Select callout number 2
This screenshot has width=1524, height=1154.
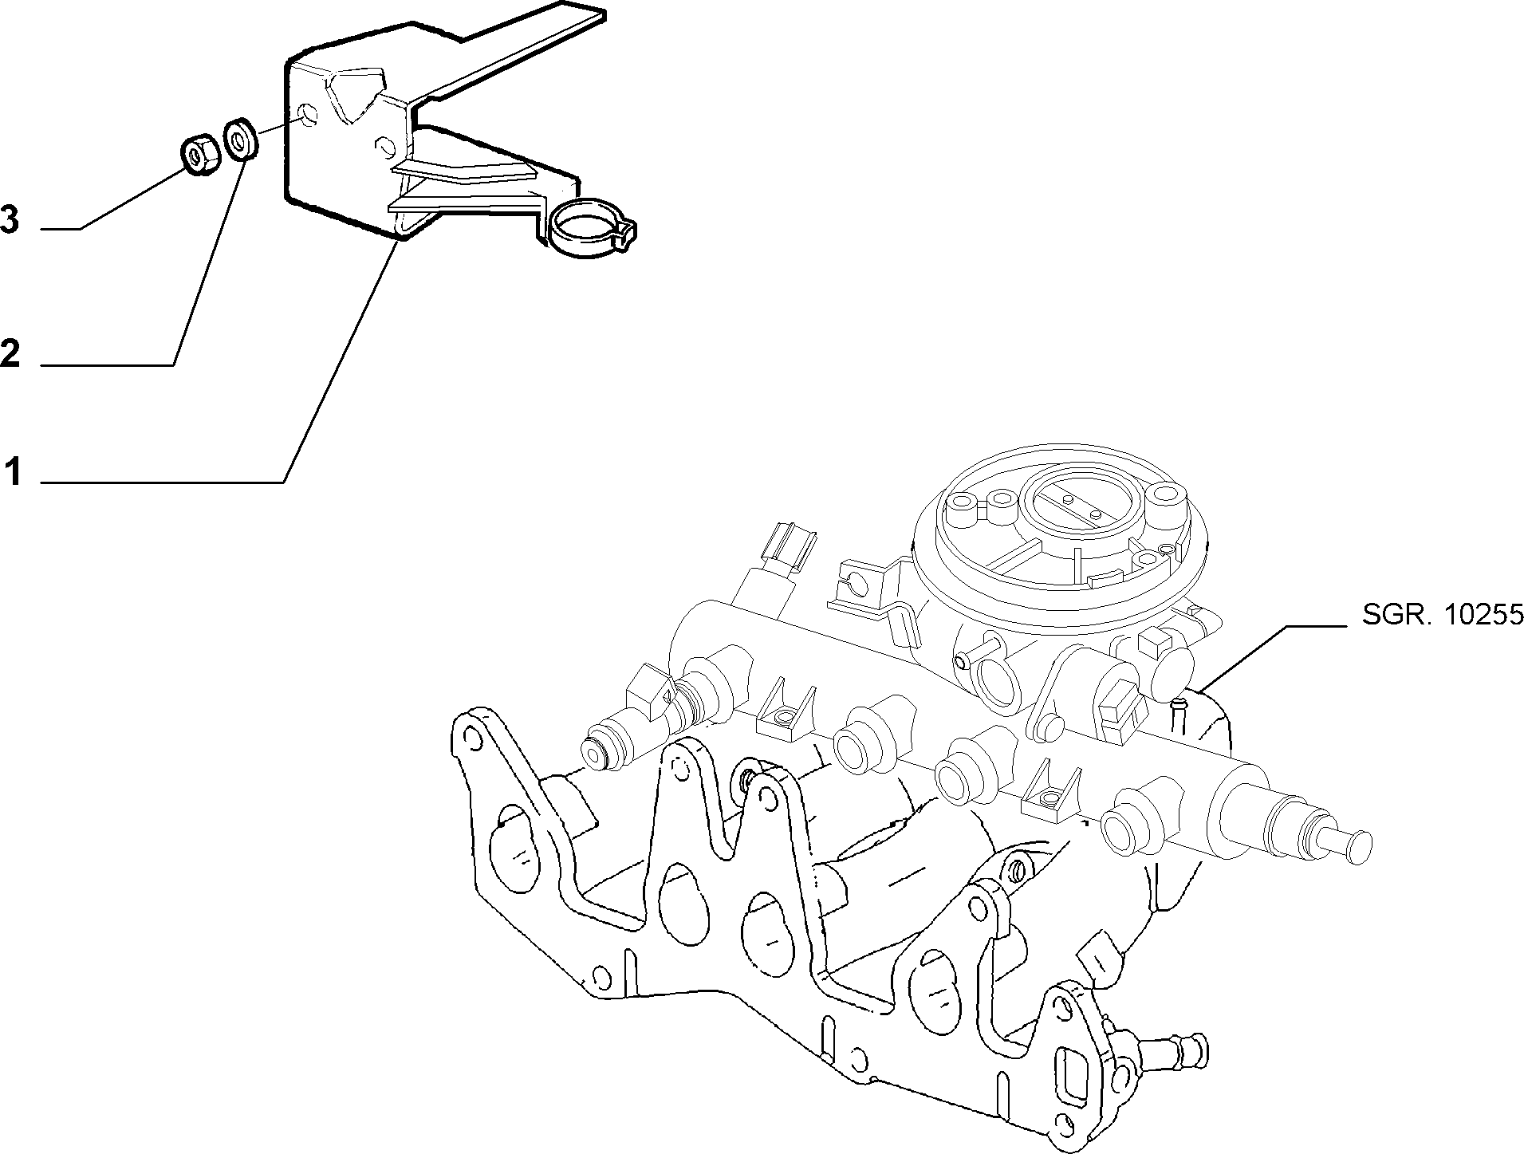click(10, 353)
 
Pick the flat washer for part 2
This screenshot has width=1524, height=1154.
click(240, 138)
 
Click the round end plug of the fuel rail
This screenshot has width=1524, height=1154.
click(1352, 845)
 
